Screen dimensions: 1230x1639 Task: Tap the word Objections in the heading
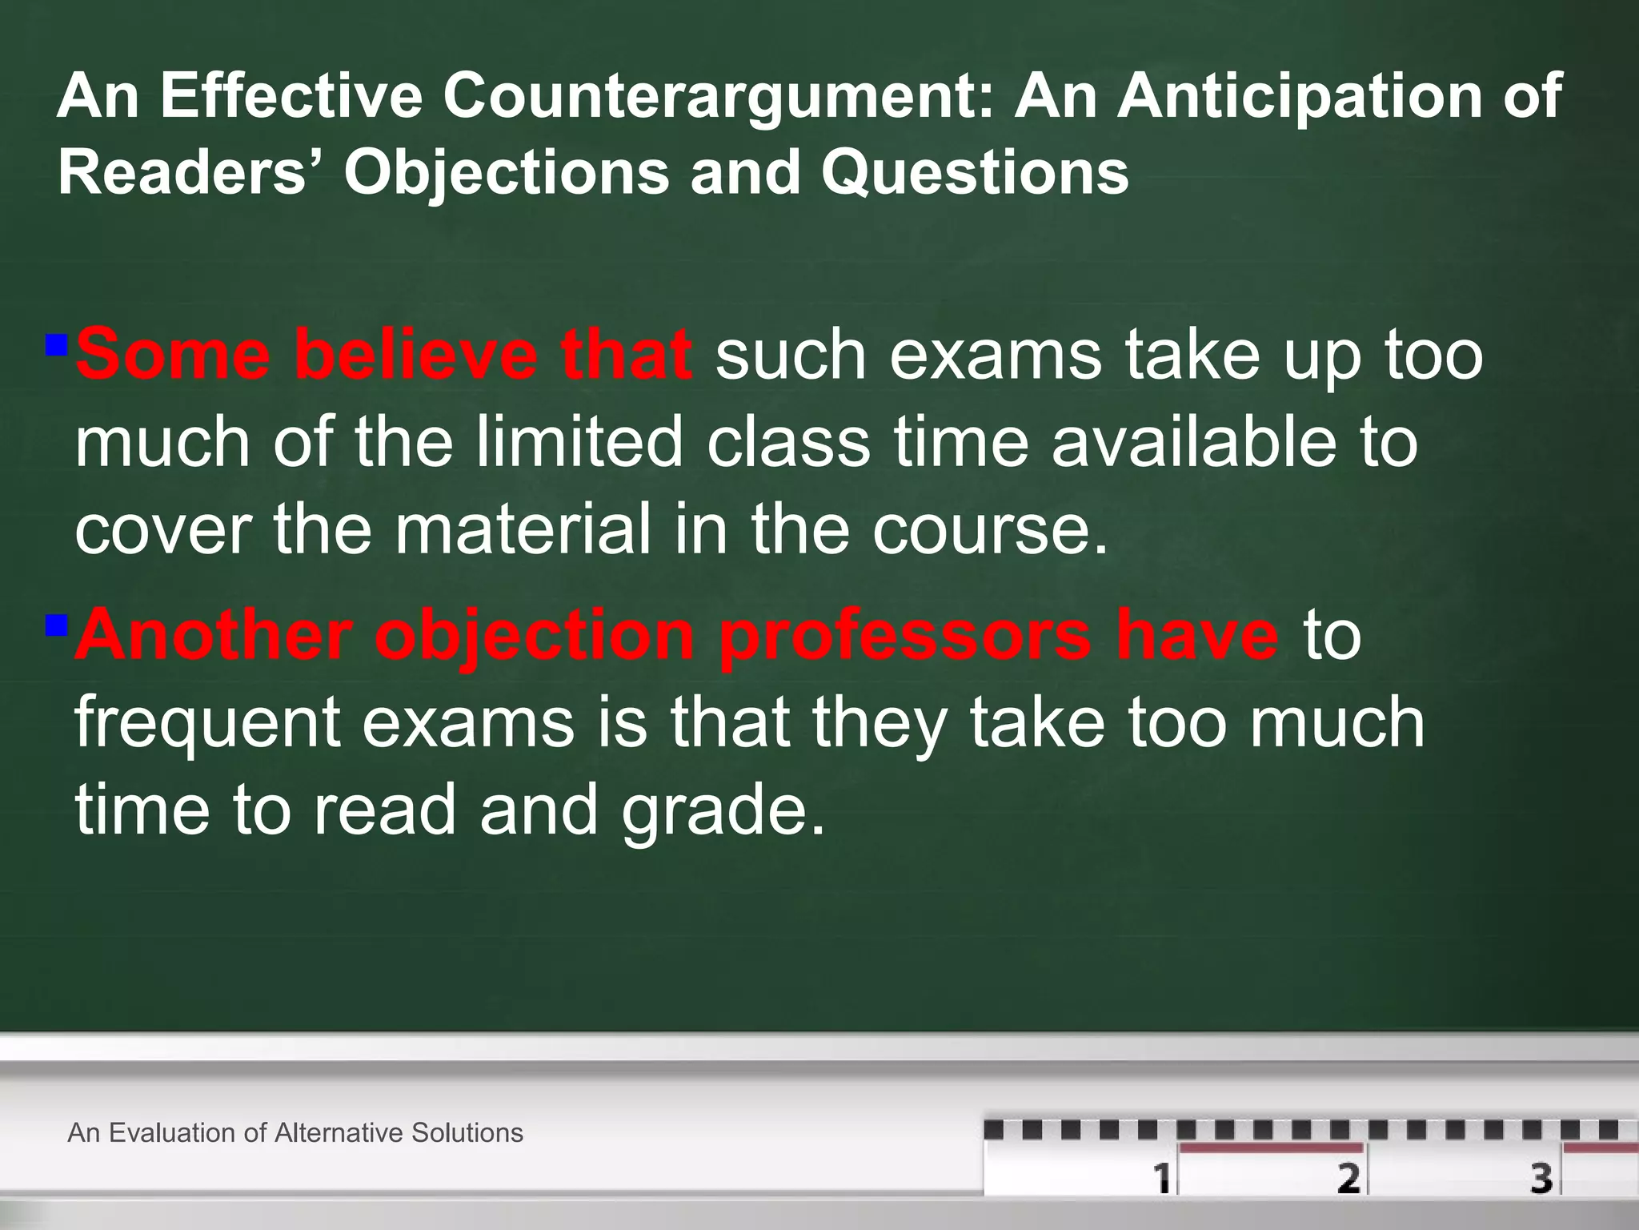coord(506,173)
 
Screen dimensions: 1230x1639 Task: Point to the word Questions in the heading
coord(974,173)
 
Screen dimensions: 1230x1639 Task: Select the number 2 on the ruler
coord(1348,1178)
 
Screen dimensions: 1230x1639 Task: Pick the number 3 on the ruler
coord(1541,1178)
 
